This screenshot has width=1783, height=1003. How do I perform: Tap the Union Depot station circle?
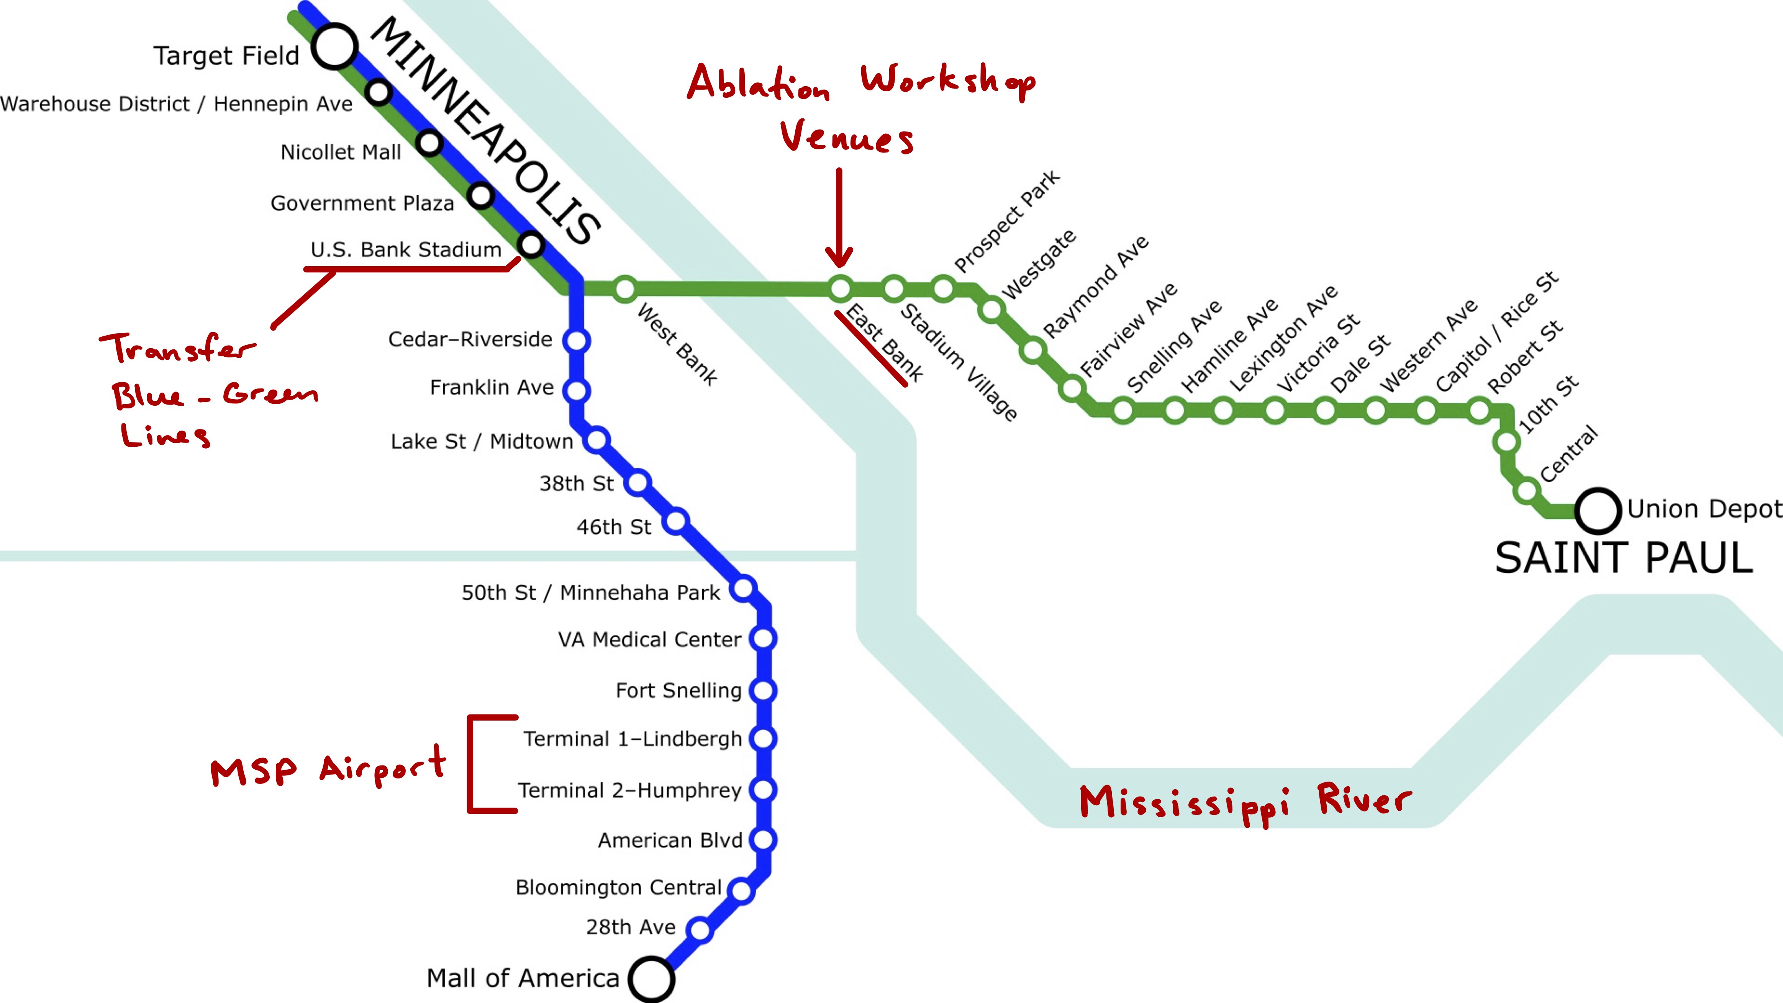pos(1598,511)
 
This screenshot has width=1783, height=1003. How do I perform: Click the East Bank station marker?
pos(839,288)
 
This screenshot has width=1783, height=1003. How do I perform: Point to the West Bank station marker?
pos(625,288)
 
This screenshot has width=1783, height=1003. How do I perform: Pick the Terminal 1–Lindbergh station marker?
pos(763,739)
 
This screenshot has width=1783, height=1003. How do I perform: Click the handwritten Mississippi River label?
pos(1244,803)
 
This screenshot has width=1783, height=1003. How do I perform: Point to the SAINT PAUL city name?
pos(1623,558)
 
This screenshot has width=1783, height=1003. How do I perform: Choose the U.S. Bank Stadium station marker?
pos(531,244)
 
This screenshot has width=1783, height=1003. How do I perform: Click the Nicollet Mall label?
pos(341,152)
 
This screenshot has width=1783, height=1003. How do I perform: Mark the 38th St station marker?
pos(637,482)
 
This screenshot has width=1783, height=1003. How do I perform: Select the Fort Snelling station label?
pos(678,690)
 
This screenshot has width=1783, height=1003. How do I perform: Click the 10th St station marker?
pos(1506,441)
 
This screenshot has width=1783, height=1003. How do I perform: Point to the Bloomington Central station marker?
pos(741,890)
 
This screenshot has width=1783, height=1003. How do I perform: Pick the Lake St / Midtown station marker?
pos(597,439)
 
